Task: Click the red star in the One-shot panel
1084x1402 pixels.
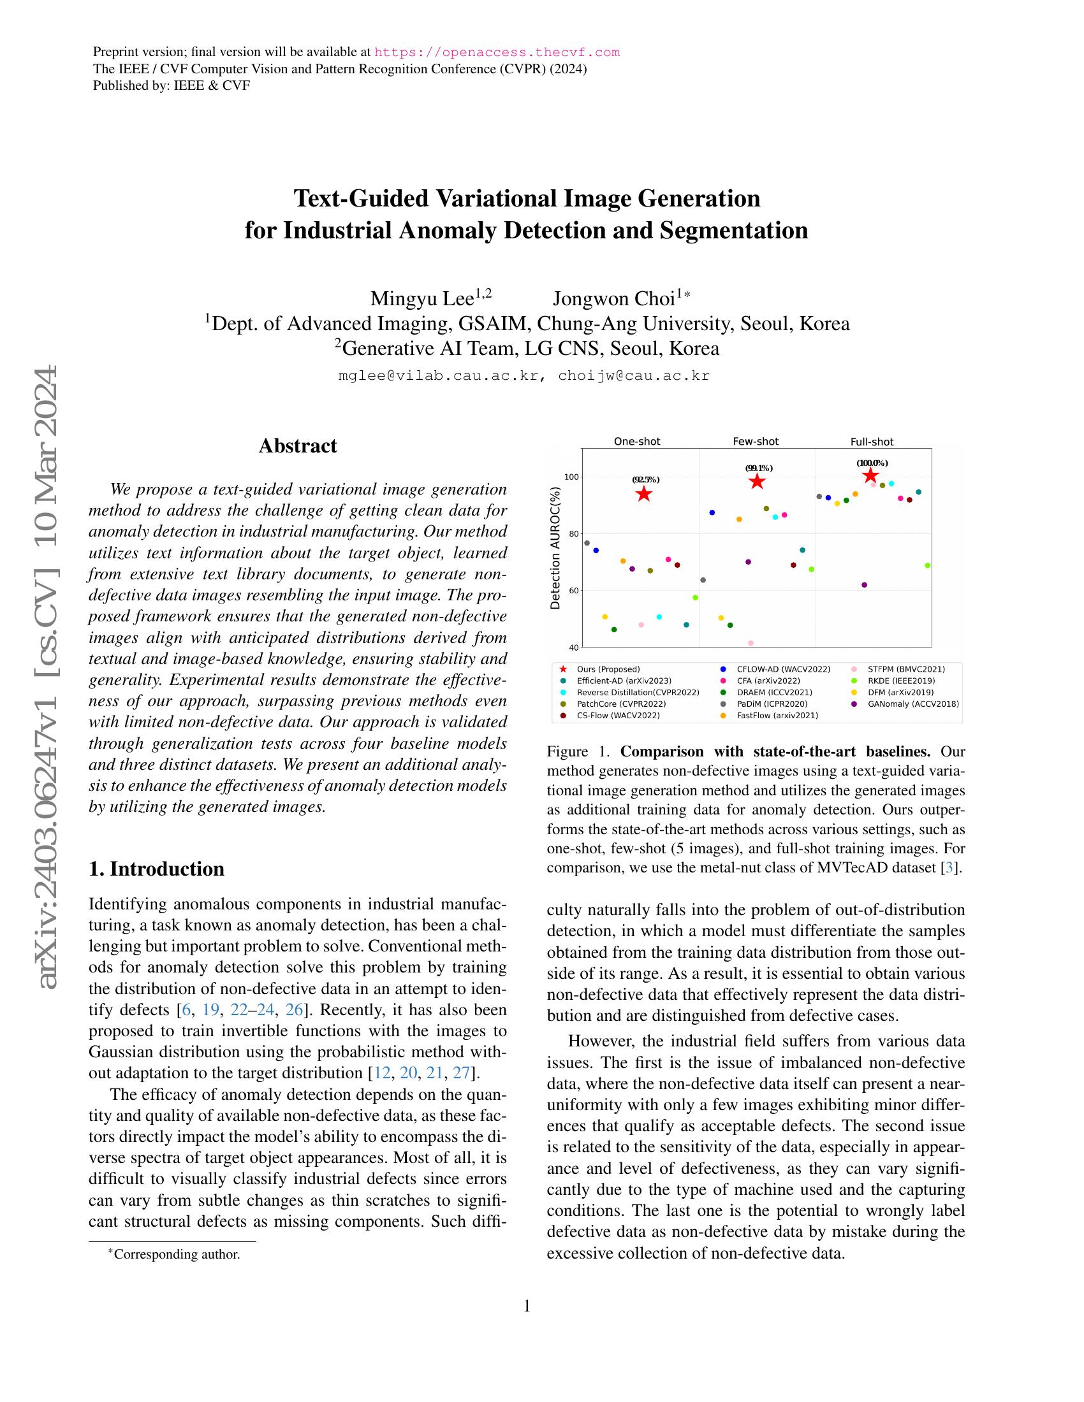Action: tap(643, 494)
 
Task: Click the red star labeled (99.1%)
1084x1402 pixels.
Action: tap(757, 481)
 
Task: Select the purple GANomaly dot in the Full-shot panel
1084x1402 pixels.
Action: tap(864, 585)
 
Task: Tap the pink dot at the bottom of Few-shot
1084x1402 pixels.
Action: tap(751, 642)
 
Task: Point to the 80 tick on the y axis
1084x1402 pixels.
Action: tap(572, 533)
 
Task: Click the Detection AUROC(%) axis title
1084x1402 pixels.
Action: tap(555, 547)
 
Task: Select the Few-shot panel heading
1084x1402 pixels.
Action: tap(755, 442)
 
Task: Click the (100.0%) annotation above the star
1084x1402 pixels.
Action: tap(872, 463)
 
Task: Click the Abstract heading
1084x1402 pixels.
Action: tap(297, 445)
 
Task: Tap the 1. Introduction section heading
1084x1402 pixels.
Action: tap(157, 869)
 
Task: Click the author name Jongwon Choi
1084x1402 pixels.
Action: tap(614, 298)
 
